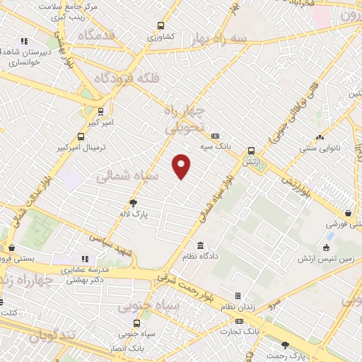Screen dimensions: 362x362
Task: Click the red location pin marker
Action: (182, 165)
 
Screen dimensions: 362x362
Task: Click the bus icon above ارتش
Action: (250, 151)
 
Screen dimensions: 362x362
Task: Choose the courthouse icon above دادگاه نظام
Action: (201, 244)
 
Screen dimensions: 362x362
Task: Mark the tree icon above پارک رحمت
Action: (285, 345)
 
